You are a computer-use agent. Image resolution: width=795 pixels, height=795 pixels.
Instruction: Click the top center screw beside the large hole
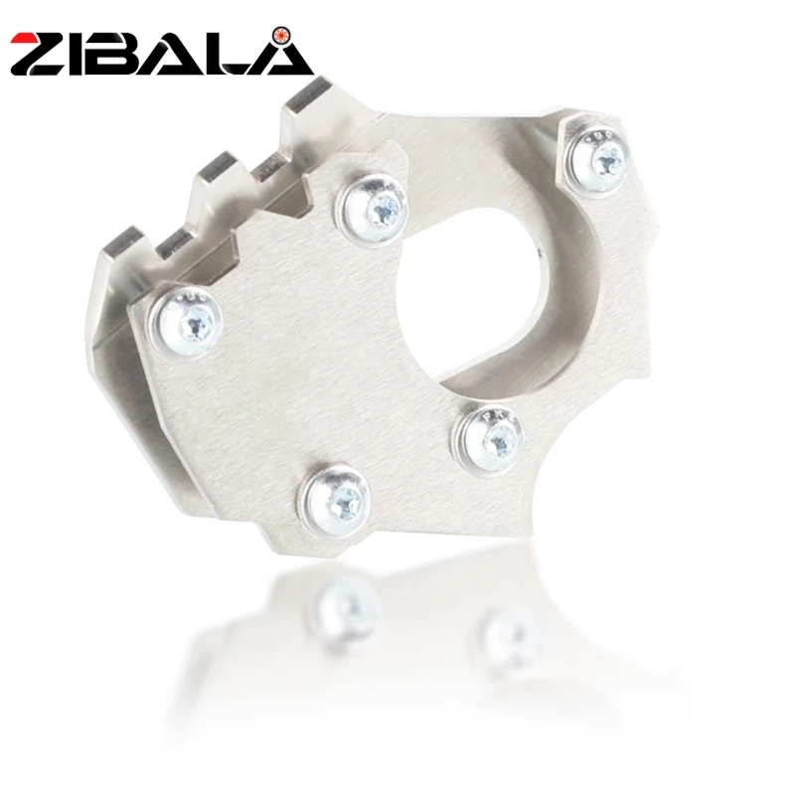[376, 207]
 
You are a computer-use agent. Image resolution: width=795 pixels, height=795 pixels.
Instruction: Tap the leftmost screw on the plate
[187, 322]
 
